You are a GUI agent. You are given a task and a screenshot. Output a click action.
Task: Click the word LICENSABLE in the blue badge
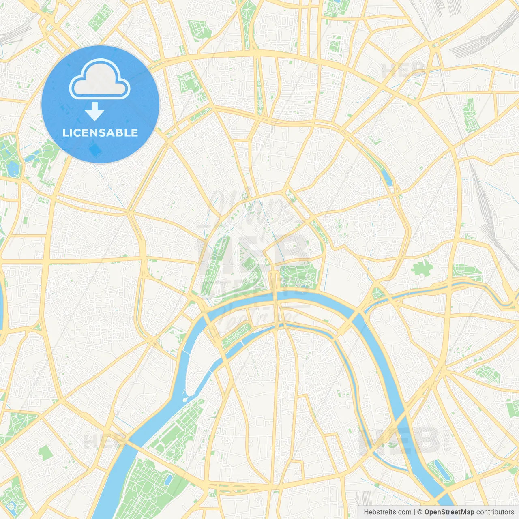100,133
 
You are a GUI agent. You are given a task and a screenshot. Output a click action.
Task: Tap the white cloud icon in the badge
100,79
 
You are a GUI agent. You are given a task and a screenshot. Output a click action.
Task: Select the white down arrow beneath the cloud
94,112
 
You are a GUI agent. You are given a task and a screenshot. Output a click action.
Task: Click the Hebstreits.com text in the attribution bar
387,512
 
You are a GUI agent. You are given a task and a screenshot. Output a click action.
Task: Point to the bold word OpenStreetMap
449,512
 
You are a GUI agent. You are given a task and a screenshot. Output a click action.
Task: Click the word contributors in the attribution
495,512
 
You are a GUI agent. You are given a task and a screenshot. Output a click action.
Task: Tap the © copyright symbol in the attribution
420,512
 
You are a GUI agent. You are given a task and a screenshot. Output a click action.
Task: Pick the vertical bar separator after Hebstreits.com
414,512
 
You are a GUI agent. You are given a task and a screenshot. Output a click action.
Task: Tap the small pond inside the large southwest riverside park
168,480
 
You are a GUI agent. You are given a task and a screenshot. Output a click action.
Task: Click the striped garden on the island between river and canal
237,335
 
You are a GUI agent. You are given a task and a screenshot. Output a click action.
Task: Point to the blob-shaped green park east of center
422,268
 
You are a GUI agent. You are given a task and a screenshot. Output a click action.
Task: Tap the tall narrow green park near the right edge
470,116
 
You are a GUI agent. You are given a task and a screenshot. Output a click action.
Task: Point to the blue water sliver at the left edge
1,308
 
